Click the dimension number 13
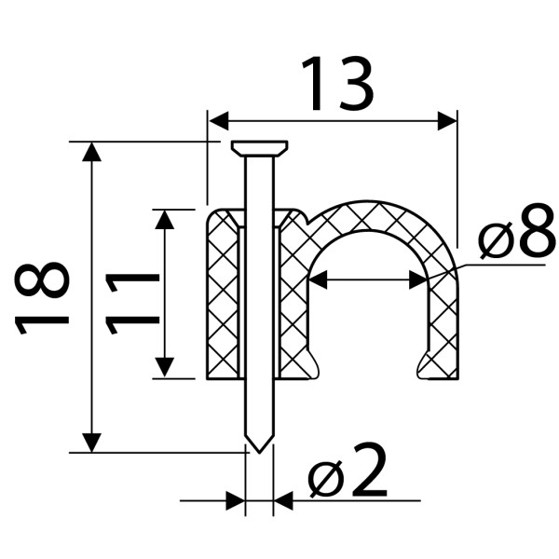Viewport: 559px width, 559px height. click(337, 84)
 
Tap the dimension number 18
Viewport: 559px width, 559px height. click(42, 298)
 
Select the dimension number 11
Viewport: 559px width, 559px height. click(132, 304)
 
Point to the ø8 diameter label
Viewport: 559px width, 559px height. click(517, 230)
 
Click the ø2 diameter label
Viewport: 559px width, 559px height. click(348, 470)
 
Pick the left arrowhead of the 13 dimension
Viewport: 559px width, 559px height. click(218, 121)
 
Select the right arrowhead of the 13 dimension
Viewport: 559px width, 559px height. click(447, 121)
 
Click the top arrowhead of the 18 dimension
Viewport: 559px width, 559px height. click(91, 152)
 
